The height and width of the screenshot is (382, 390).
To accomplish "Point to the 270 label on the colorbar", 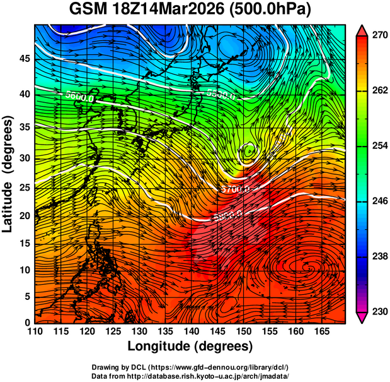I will click(377, 37).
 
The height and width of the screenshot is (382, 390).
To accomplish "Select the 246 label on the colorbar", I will click(377, 201).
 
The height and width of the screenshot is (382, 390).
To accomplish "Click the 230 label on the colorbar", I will click(377, 311).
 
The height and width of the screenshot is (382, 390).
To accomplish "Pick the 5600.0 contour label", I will click(79, 97).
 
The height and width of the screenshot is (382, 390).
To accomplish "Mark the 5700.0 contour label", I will click(236, 189).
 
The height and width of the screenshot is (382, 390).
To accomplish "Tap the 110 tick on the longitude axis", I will click(35, 331).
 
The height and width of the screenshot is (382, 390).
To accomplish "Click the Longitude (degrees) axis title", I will click(190, 346).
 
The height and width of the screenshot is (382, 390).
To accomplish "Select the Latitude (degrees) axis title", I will click(9, 174).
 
